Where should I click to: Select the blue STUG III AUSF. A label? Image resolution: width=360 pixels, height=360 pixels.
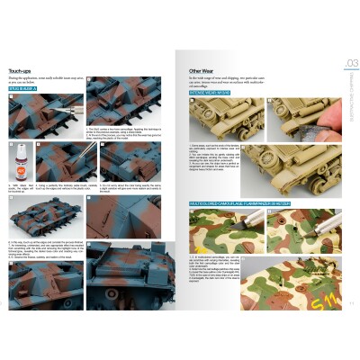coord(31,90)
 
